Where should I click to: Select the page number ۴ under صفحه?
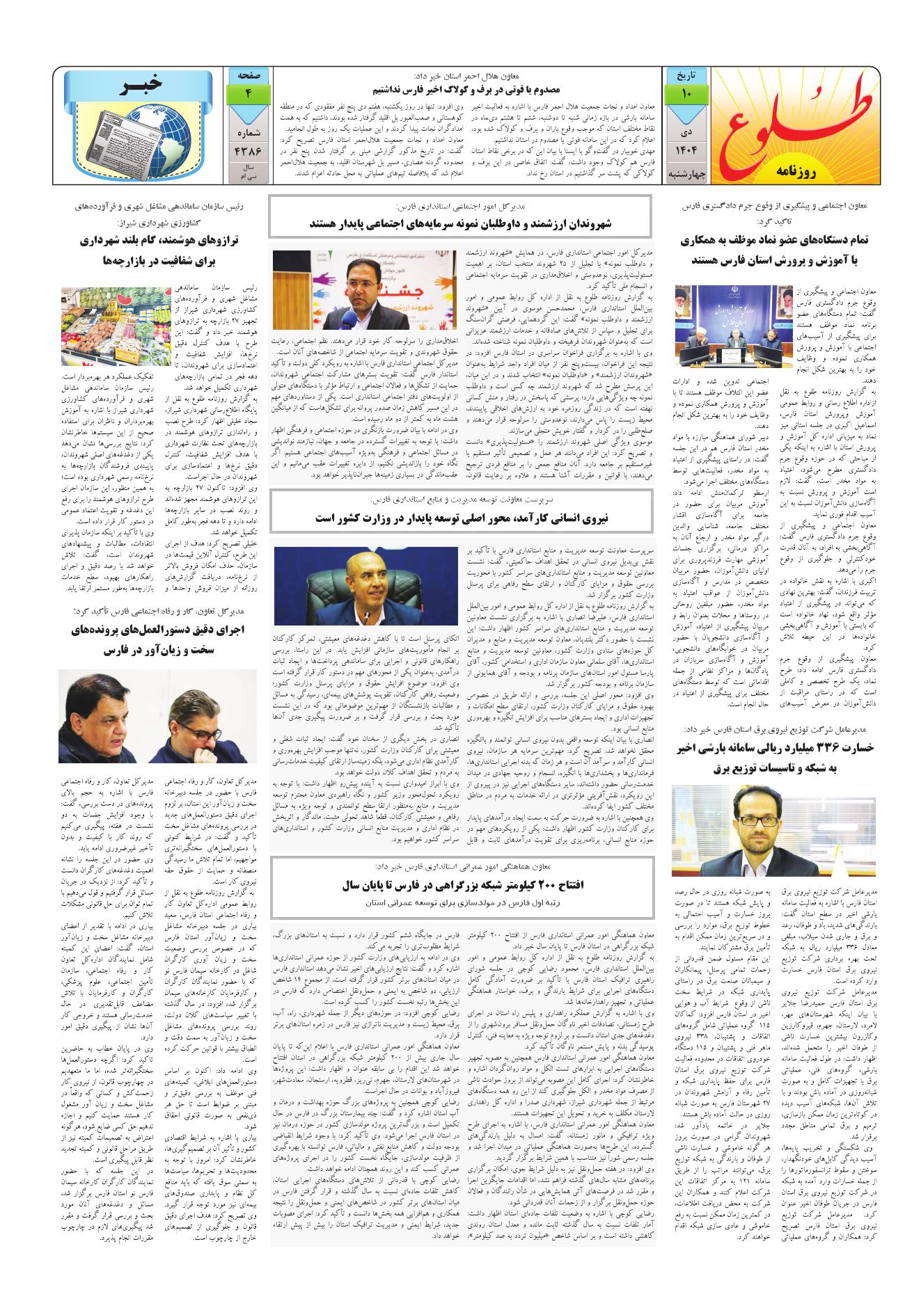[x=249, y=93]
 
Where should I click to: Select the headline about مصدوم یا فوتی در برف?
[x=461, y=89]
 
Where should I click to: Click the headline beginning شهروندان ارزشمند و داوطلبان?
[x=461, y=224]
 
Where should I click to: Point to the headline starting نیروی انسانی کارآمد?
[x=461, y=519]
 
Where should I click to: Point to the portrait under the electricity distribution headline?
[x=773, y=830]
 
